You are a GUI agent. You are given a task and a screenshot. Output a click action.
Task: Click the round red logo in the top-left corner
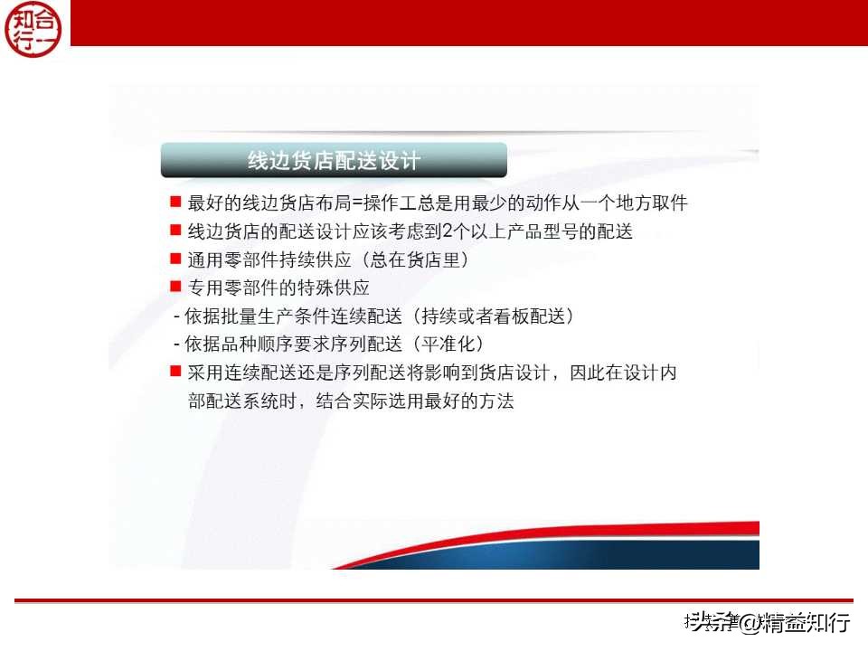[34, 29]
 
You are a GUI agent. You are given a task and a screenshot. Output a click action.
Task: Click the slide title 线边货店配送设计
[334, 161]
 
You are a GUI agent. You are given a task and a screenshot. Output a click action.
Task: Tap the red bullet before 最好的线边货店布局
[175, 201]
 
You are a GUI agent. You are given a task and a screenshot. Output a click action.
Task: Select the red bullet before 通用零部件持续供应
[175, 259]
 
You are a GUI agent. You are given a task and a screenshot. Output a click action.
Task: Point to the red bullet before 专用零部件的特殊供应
[175, 288]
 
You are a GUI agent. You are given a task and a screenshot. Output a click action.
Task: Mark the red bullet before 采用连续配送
[175, 372]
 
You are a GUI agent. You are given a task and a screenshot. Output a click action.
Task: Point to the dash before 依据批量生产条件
[176, 317]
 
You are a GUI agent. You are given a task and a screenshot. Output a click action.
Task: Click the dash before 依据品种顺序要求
[176, 345]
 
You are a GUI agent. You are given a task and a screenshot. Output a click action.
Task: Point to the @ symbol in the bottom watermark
[750, 622]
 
